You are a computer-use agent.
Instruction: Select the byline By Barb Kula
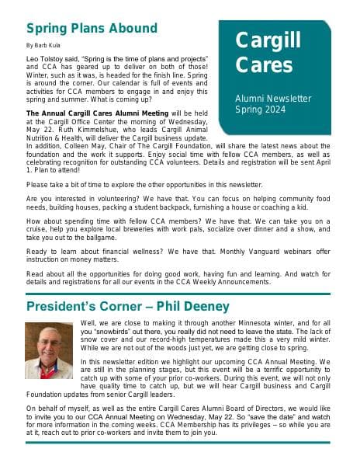tap(43, 46)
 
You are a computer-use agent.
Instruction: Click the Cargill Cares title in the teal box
tap(268, 51)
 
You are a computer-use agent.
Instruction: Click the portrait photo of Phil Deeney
tap(50, 350)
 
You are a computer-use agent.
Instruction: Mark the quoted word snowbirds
tap(112, 332)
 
